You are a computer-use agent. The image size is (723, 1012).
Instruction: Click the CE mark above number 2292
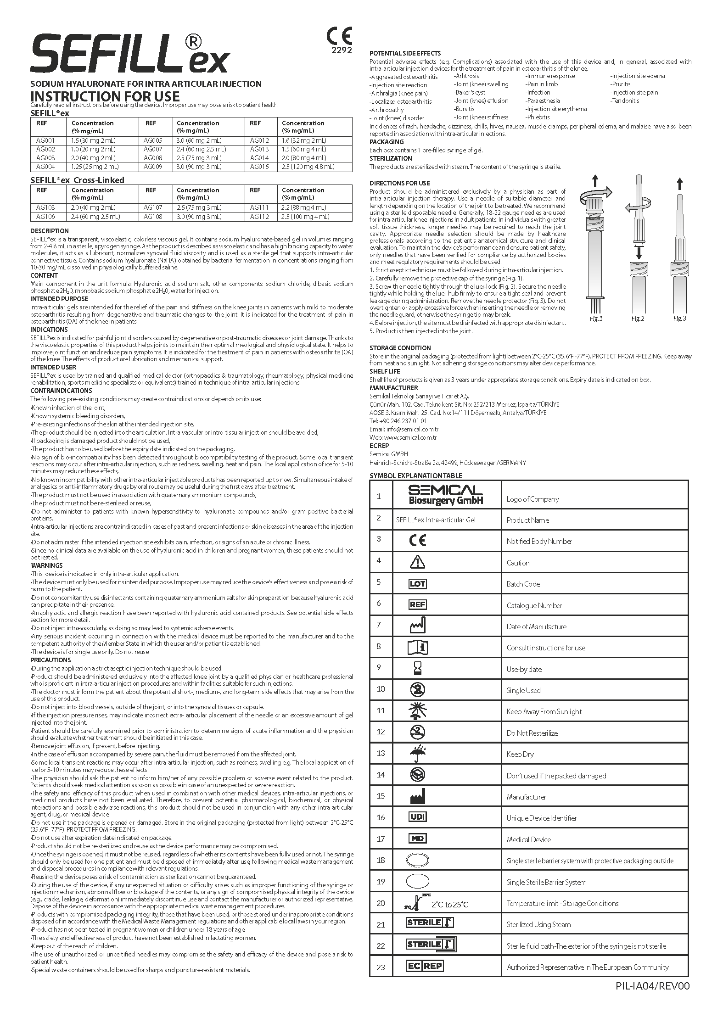[339, 36]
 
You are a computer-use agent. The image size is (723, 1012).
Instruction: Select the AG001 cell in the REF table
[45, 140]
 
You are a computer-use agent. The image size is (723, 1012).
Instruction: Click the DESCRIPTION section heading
[50, 231]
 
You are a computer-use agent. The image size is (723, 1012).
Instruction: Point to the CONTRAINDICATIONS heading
[61, 391]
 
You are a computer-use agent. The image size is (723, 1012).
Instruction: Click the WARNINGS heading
[47, 565]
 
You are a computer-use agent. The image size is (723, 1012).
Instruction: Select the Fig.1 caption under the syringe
[596, 319]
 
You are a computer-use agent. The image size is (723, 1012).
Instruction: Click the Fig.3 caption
[679, 319]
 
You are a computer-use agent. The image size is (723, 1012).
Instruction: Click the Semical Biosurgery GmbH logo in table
[445, 495]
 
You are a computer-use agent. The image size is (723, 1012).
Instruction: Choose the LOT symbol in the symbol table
[417, 584]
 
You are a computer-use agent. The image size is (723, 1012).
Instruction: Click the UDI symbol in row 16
[417, 817]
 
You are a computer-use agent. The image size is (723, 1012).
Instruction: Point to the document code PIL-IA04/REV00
[653, 986]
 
